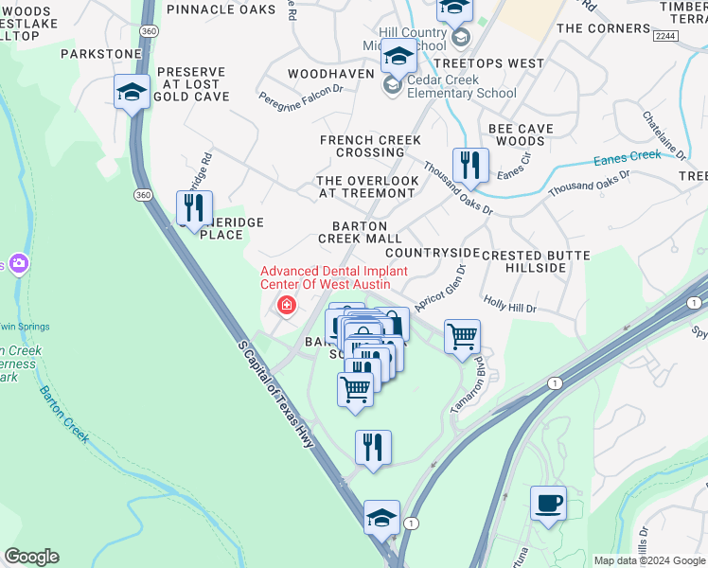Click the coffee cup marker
click(547, 502)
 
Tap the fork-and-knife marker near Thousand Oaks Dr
click(470, 166)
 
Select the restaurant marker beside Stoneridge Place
click(194, 209)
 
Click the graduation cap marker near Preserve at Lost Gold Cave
click(132, 91)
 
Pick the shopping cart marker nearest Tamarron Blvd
click(461, 336)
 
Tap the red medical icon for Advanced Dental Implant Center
click(285, 306)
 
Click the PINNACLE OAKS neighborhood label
click(220, 9)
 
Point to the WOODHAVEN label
click(331, 73)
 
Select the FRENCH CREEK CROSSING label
click(370, 146)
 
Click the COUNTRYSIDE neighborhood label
click(433, 253)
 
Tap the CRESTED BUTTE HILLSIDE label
click(536, 261)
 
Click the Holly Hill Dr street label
click(510, 308)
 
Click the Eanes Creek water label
click(627, 158)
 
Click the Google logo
click(31, 557)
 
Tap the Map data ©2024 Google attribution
click(648, 560)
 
